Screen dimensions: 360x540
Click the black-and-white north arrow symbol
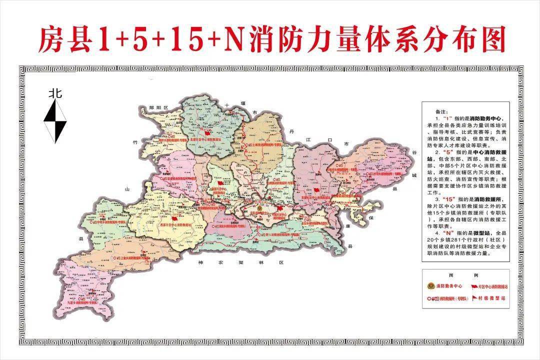[x=55, y=121]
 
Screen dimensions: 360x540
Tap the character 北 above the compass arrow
[x=55, y=93]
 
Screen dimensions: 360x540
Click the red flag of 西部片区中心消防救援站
[x=174, y=218]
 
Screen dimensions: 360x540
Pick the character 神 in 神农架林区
[x=200, y=262]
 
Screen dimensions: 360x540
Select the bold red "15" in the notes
[x=442, y=199]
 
